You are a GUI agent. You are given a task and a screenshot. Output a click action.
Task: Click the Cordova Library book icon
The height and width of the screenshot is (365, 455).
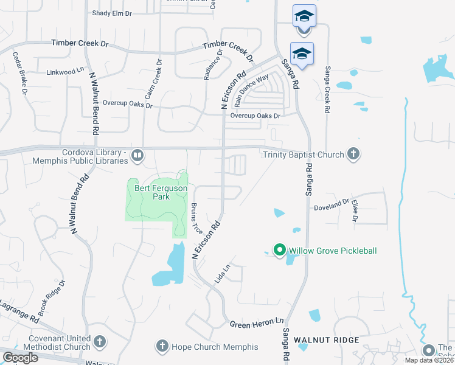coord(137,156)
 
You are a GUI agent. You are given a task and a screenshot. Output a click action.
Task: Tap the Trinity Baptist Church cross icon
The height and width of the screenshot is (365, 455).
coord(353,155)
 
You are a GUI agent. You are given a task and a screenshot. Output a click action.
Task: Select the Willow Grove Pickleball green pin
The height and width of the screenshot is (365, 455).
coord(280,250)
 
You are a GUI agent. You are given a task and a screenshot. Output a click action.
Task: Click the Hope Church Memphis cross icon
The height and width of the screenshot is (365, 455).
coord(162,347)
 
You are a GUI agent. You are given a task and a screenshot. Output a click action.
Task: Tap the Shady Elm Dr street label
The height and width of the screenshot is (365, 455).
coord(111,13)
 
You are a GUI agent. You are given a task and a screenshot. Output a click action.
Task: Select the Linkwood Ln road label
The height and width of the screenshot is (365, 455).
coord(65,71)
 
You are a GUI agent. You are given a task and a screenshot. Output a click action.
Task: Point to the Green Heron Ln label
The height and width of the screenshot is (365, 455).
coord(257,324)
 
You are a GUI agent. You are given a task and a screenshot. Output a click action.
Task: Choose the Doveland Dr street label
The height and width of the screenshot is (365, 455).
coord(332,207)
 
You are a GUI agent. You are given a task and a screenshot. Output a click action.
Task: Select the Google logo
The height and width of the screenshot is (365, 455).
coord(20,358)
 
